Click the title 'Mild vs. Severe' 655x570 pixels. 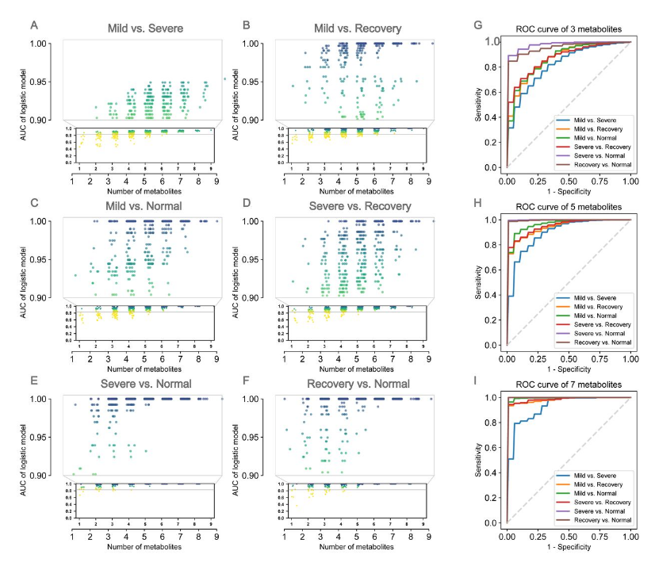pyautogui.click(x=146, y=29)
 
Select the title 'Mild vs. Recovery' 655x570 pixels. pyautogui.click(x=354, y=29)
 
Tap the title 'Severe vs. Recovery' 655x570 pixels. pyautogui.click(x=354, y=208)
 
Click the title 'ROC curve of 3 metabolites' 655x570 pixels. pyautogui.click(x=568, y=28)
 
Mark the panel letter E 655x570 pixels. pyautogui.click(x=33, y=381)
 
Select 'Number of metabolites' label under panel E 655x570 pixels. pyautogui.click(x=146, y=546)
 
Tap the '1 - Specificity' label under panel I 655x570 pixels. pyautogui.click(x=568, y=548)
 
